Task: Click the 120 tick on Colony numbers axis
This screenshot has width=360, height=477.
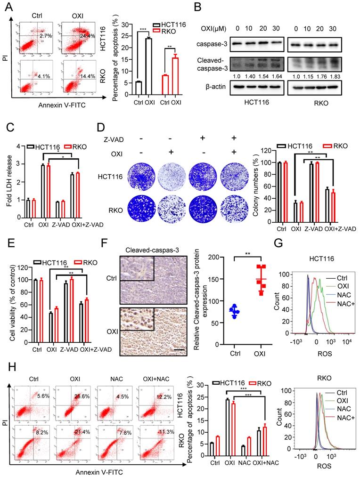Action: [x=266, y=151]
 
